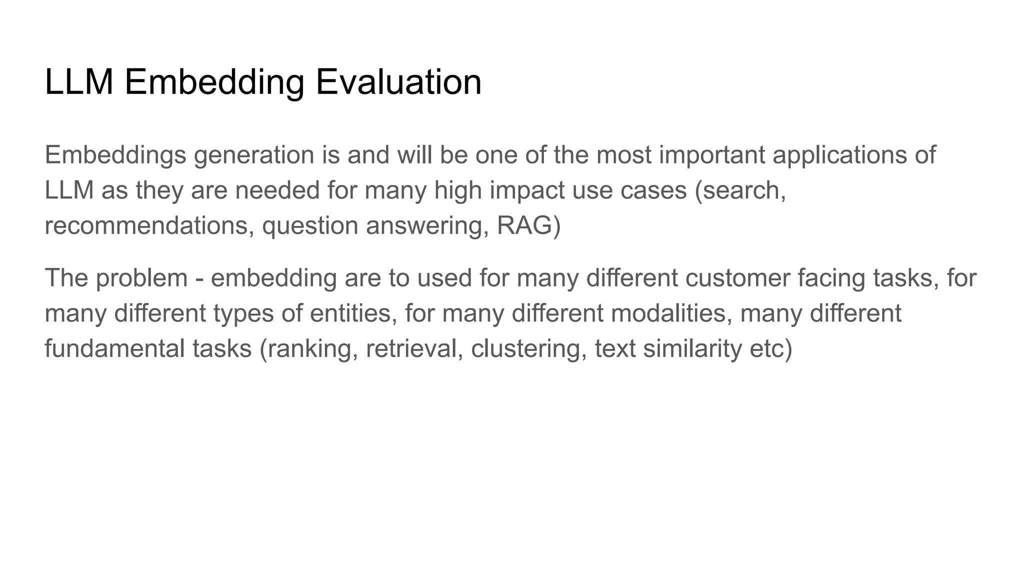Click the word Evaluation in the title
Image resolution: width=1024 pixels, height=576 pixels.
pyautogui.click(x=398, y=81)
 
